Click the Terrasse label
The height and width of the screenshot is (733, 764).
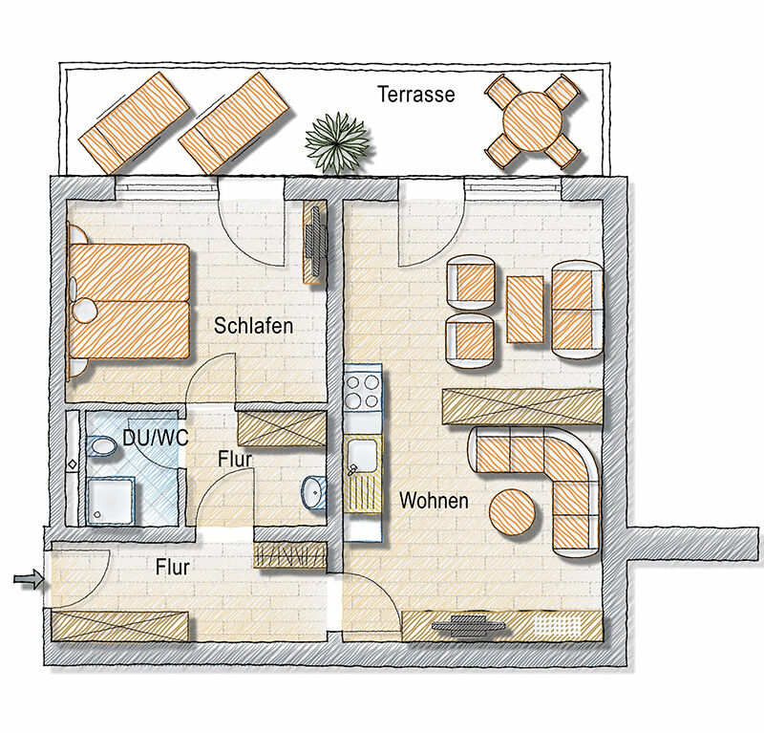coord(416,94)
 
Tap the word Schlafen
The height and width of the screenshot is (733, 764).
coord(253,326)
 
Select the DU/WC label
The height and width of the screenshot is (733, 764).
coord(155,438)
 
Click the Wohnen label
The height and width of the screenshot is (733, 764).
coord(434,501)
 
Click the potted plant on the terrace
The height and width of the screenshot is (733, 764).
coord(337,142)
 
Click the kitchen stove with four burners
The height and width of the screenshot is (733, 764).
coord(362,393)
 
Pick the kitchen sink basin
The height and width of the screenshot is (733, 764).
coord(362,455)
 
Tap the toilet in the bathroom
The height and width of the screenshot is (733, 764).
coord(101,445)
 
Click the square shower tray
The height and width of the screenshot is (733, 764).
coord(110,502)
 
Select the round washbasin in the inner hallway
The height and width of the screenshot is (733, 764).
coord(314,492)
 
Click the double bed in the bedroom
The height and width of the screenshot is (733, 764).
coord(128,301)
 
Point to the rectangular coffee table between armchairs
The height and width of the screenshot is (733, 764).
coord(525,310)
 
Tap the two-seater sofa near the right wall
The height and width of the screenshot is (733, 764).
coord(577,310)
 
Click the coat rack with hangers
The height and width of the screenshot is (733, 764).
coord(289,555)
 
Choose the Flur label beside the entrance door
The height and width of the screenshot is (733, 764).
coord(173,567)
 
